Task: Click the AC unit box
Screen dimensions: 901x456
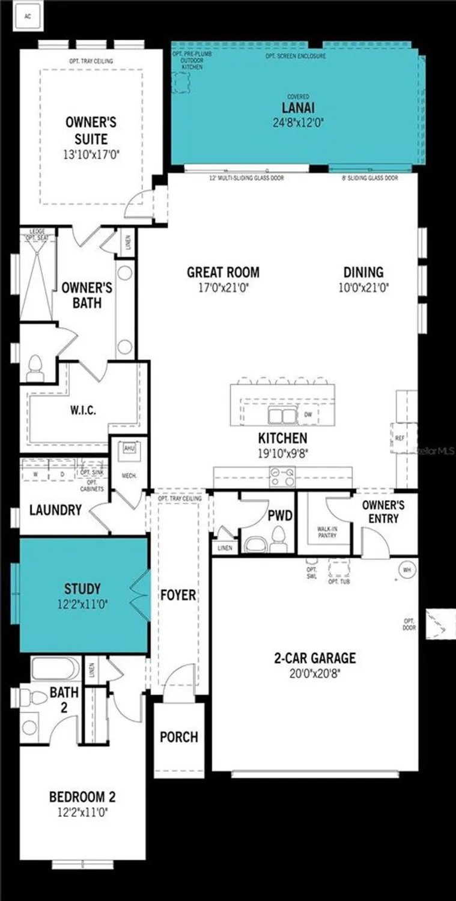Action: pos(27,16)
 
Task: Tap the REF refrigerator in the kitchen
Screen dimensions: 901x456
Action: pos(400,438)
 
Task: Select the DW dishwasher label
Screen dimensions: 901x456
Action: pos(308,414)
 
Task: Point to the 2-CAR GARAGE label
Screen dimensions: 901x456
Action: pos(315,658)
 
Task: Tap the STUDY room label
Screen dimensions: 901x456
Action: pos(82,589)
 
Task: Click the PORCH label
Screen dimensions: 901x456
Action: pos(178,737)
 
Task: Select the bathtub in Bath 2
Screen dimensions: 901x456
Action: pos(54,669)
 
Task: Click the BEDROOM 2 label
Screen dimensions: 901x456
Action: pos(82,797)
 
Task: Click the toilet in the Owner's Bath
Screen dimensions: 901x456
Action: pos(35,367)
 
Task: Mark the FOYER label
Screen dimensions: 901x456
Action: pos(178,595)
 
